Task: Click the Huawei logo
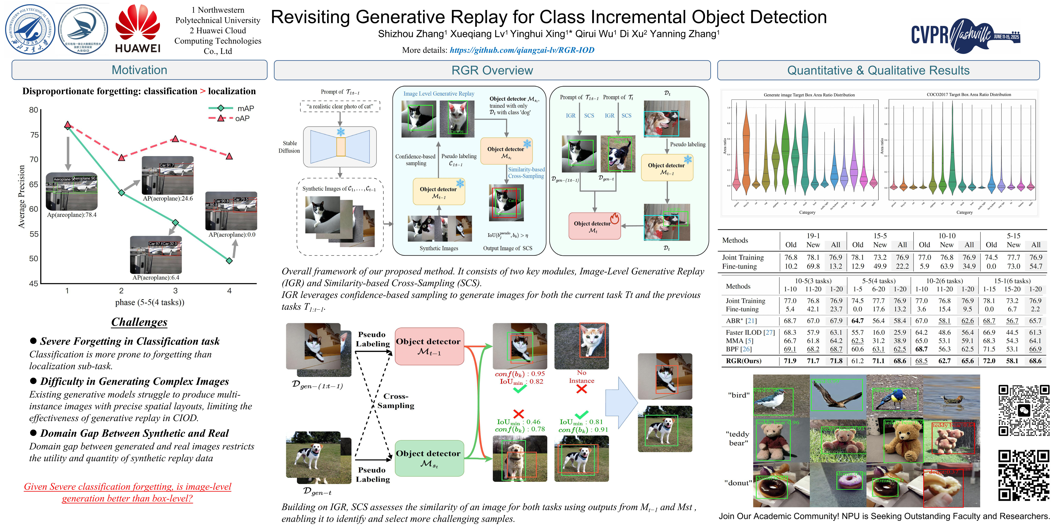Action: (x=138, y=29)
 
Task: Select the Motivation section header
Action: (x=139, y=70)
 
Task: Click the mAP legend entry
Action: (x=231, y=108)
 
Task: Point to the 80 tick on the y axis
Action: (x=34, y=110)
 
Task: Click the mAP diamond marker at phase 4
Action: (x=229, y=260)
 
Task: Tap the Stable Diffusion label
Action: (x=289, y=147)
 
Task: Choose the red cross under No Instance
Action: (x=581, y=389)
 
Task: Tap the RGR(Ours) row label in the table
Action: (x=743, y=361)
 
